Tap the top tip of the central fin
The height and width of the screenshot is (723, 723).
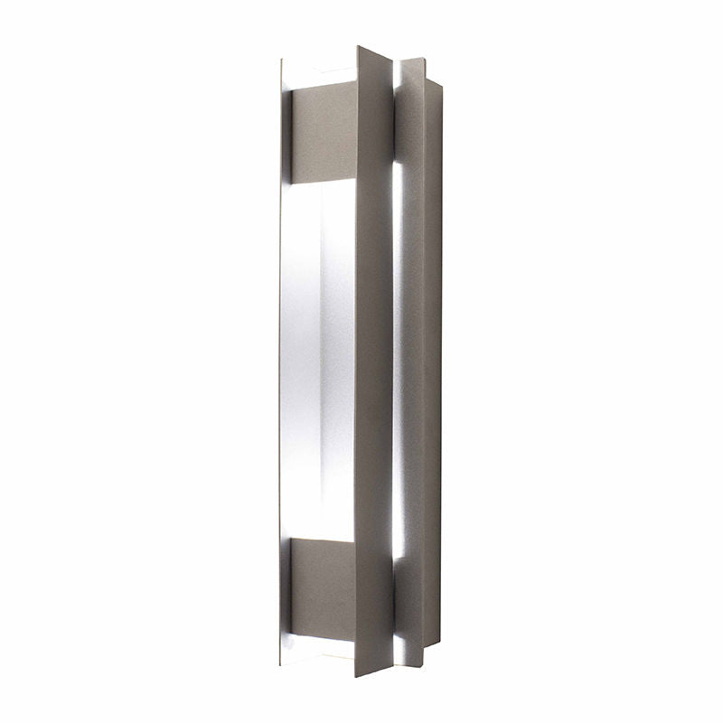pos(359,46)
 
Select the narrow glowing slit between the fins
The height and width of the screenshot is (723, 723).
pos(397,361)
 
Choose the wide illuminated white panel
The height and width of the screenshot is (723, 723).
pos(318,361)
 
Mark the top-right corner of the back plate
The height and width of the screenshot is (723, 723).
pos(442,81)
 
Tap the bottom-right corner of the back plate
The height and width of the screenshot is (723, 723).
pos(440,645)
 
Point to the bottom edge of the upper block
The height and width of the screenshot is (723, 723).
pos(320,178)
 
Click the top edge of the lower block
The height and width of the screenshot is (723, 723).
pos(320,540)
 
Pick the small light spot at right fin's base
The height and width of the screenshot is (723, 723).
pos(399,647)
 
